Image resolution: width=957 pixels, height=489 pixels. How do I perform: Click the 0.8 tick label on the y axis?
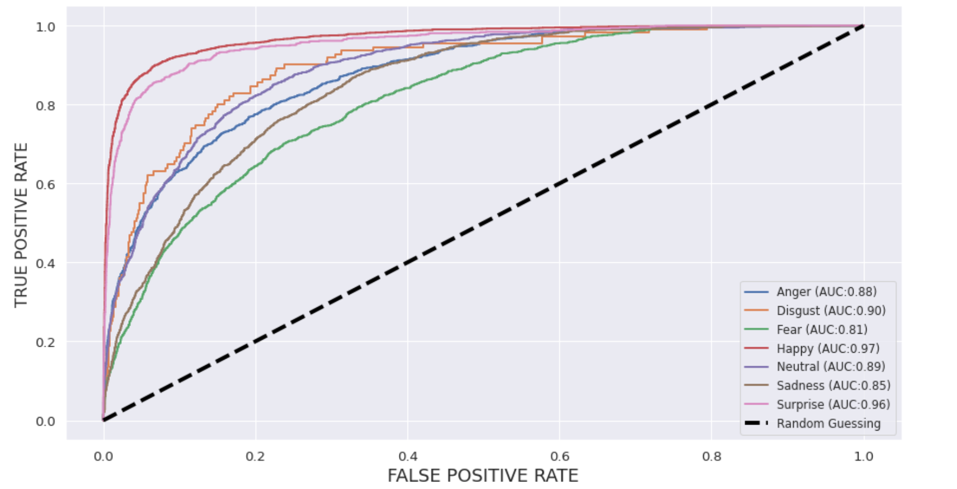click(x=45, y=105)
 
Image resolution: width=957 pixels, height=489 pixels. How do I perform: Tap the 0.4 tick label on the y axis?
click(x=45, y=263)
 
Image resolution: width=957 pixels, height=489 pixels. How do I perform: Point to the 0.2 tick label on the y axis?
click(x=45, y=342)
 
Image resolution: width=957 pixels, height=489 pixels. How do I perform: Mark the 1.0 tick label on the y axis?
click(x=45, y=27)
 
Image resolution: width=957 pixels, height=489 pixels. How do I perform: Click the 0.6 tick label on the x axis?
click(x=560, y=456)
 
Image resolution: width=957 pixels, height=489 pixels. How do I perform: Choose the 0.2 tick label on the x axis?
click(x=255, y=456)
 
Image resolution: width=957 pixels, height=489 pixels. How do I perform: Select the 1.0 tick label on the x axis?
click(x=863, y=456)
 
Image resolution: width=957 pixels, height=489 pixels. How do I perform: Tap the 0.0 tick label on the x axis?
click(x=103, y=456)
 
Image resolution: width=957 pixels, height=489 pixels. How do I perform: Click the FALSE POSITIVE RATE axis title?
click(x=483, y=475)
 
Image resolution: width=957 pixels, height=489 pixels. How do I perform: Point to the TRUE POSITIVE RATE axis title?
click(x=21, y=224)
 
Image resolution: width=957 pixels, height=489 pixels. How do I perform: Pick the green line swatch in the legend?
click(x=756, y=329)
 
